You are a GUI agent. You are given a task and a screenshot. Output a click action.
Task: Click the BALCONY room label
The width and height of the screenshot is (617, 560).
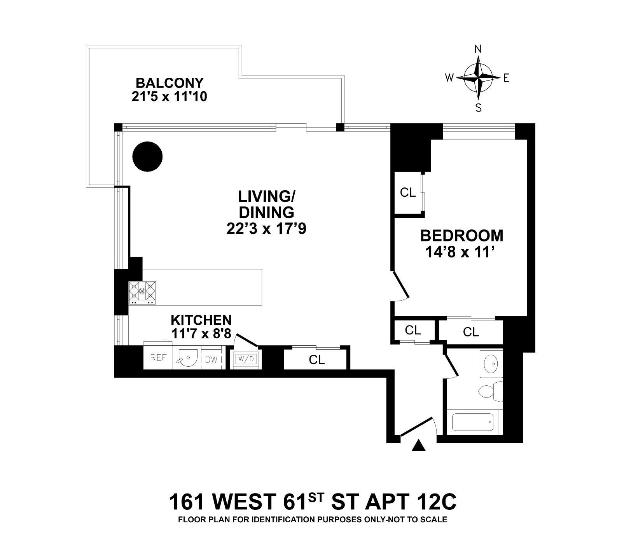pos(169,83)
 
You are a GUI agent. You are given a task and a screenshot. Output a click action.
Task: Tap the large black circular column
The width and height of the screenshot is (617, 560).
pos(147,157)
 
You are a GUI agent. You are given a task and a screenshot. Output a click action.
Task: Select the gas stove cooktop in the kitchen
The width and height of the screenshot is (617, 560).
pos(142,293)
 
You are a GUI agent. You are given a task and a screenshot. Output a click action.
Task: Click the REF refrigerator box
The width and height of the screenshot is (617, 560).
pos(158,358)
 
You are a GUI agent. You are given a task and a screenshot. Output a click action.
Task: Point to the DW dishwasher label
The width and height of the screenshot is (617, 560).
pos(211,360)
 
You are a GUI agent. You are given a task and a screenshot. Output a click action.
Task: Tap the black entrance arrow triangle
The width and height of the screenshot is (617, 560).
pos(418,445)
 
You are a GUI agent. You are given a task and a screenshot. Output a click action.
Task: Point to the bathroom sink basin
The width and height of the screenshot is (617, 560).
pos(491,364)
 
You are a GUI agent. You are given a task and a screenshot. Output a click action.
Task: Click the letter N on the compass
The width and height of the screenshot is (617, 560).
pos(479,49)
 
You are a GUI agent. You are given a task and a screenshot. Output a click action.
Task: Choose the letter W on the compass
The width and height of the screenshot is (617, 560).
pos(449,78)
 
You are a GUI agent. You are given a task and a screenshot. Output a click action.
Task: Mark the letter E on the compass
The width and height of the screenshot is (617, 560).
pos(506,78)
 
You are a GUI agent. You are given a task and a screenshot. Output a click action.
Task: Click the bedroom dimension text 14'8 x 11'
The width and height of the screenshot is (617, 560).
pos(461,253)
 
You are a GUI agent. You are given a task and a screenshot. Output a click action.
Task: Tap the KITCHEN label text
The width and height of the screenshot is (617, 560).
pos(201,320)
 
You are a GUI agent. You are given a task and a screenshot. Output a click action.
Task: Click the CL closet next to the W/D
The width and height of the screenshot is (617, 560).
pos(316,360)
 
